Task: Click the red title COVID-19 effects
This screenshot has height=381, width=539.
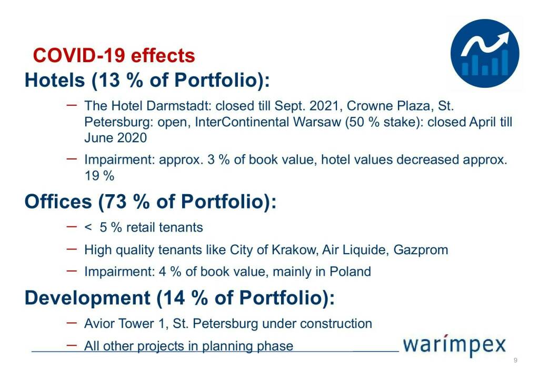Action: pos(114,55)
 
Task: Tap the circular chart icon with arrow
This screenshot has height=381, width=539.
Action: pos(485,53)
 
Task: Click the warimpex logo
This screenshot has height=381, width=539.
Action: pos(454,345)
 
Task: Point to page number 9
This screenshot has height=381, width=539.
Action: pos(515,360)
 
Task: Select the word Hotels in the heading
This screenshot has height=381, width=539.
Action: pos(55,80)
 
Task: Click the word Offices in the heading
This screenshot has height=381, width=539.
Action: pos(58,201)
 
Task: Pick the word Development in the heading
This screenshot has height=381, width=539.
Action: pos(87,297)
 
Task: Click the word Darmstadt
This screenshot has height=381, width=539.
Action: pos(178,105)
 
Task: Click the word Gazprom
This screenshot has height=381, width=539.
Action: pos(421,250)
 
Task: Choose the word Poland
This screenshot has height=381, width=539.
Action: pos(350,272)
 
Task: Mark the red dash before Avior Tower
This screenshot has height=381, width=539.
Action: pos(72,323)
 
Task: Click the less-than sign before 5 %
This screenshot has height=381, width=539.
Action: pos(88,227)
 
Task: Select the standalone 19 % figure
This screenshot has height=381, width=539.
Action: pos(99,176)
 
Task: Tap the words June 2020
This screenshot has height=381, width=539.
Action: pos(115,138)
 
